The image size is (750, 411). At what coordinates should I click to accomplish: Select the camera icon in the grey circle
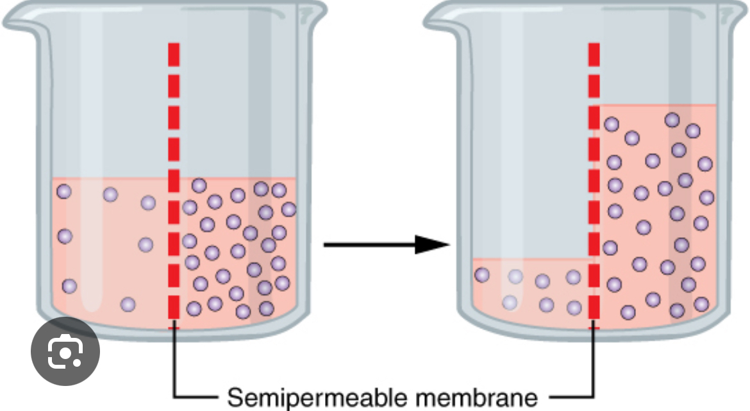tap(65, 351)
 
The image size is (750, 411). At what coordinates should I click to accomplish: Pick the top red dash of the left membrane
tap(174, 54)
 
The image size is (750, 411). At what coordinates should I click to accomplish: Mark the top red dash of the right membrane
tap(594, 54)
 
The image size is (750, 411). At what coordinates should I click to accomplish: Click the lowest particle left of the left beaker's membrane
tap(128, 305)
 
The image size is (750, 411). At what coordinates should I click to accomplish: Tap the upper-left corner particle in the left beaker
tap(64, 191)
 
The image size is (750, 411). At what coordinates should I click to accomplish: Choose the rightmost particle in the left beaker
tap(288, 209)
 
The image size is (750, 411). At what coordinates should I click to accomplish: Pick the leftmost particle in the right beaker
tap(481, 275)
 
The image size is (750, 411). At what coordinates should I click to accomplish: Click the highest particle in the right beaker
tap(672, 120)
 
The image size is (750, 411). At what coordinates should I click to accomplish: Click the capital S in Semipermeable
tap(235, 398)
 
